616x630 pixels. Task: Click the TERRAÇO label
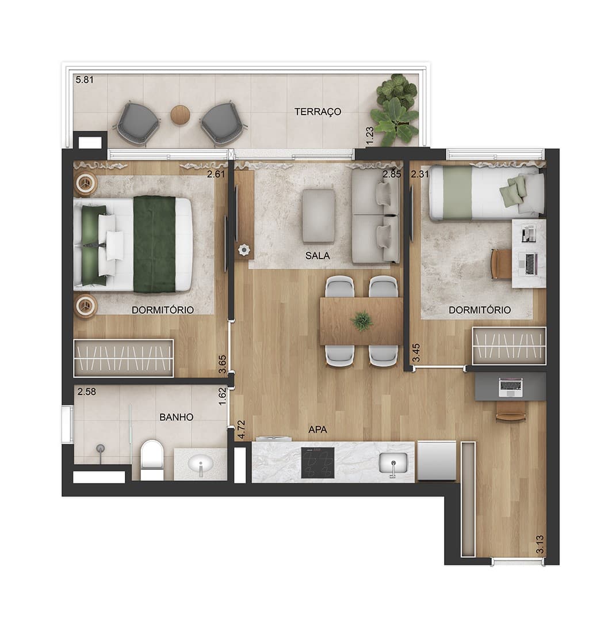(317, 112)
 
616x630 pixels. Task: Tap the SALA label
(317, 255)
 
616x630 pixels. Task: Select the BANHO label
(176, 417)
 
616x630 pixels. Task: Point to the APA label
(317, 430)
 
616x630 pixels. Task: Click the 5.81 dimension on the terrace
(85, 79)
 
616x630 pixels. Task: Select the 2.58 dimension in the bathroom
(87, 392)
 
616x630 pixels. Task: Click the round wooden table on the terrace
(180, 115)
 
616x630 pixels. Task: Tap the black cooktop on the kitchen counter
(318, 462)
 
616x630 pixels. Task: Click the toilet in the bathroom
(152, 460)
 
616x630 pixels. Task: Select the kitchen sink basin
(393, 462)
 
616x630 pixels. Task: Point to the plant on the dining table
(362, 321)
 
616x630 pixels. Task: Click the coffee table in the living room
(319, 216)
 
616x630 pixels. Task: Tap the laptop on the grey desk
(510, 388)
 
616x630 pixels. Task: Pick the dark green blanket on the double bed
(155, 244)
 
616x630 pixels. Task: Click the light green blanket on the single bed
(457, 193)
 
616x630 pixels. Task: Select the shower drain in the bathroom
(100, 449)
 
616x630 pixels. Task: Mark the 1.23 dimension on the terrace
(370, 136)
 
